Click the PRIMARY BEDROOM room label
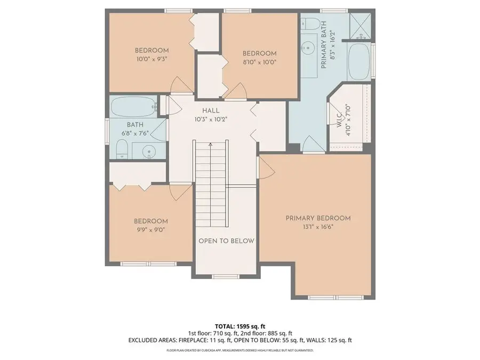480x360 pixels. point(318,218)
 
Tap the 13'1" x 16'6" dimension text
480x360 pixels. point(318,227)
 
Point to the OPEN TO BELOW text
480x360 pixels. point(226,241)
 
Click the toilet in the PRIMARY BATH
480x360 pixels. point(311,23)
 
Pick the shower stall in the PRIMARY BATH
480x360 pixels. point(360,25)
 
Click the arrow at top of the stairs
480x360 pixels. point(211,144)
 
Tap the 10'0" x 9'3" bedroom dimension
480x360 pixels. point(151,59)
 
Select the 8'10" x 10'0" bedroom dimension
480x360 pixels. point(260,62)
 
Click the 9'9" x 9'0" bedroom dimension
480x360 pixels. point(150,230)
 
